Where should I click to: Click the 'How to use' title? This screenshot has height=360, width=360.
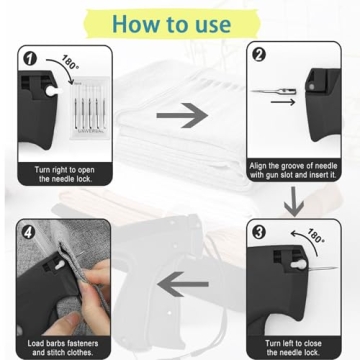(180, 22)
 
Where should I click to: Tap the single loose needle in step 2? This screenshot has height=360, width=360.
(276, 93)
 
